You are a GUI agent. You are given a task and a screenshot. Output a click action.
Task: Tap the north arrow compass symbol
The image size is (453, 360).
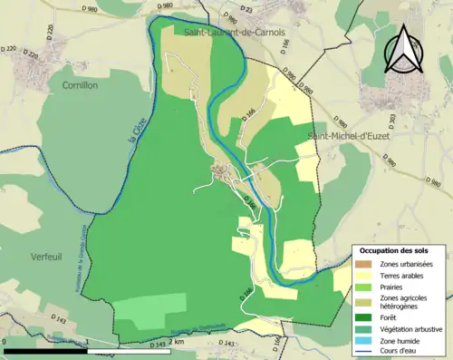[403, 50]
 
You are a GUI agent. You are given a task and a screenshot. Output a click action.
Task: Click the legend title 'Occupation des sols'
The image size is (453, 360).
[394, 250]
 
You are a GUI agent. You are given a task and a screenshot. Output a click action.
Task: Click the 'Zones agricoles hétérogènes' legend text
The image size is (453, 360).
[404, 303]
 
